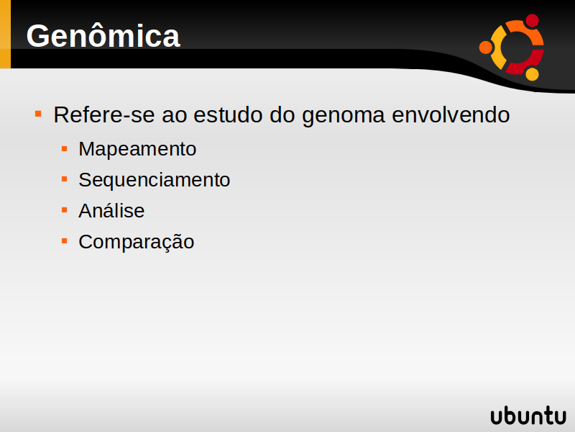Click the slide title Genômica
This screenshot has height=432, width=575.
click(x=103, y=35)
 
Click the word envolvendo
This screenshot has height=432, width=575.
click(x=451, y=114)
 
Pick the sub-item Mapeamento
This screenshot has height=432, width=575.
click(x=137, y=150)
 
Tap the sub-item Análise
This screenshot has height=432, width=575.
click(x=111, y=210)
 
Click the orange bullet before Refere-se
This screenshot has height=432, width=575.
click(x=38, y=114)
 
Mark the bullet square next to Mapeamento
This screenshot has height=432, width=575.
click(x=65, y=148)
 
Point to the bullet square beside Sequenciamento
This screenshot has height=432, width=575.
click(x=65, y=179)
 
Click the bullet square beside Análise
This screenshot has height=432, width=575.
click(x=65, y=210)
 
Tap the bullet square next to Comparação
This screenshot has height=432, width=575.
click(x=65, y=241)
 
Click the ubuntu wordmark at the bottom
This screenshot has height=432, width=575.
click(x=528, y=415)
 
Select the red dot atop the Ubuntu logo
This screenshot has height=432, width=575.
click(x=532, y=21)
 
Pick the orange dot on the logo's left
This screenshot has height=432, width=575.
click(x=486, y=48)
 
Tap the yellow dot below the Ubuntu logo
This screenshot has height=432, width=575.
click(x=532, y=74)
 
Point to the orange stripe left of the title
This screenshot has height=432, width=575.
click(x=5, y=34)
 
